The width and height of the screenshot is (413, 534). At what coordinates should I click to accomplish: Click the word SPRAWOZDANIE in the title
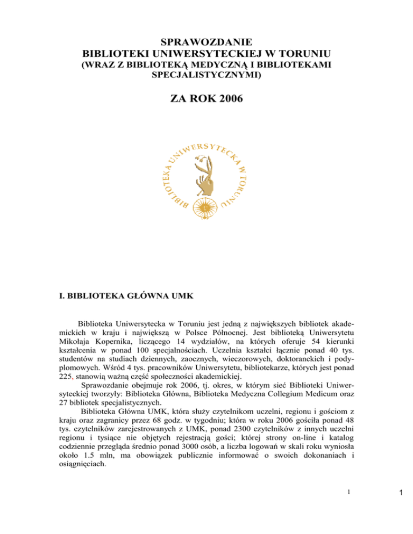[206, 42]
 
